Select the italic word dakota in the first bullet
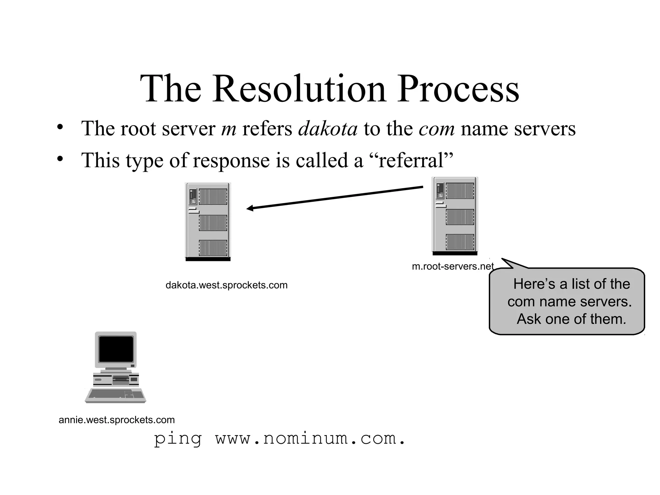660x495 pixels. coord(328,129)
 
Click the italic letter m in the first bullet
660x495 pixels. coord(228,129)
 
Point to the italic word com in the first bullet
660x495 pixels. coord(437,129)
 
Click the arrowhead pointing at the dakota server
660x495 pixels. coord(250,209)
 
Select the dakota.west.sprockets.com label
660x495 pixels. coord(226,285)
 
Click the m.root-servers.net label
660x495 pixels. coord(452,267)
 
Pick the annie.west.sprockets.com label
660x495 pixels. coord(117,420)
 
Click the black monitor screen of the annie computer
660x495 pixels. coord(116,349)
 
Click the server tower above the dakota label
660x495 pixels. coord(208,222)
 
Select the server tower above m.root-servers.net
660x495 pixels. coord(455,216)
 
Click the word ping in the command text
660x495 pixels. coord(178,439)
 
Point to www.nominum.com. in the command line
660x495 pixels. coord(310,439)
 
